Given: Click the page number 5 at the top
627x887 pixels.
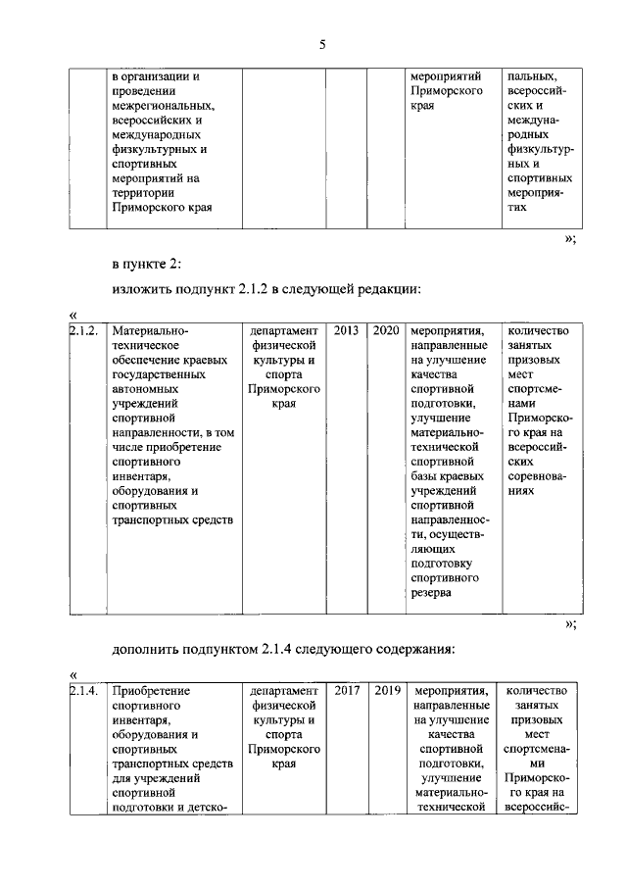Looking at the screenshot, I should point(320,44).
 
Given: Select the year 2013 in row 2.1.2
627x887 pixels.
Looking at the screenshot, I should point(346,331).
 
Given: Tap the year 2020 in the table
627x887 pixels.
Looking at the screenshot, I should point(385,331).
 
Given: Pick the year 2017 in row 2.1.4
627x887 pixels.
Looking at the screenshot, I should point(346,690).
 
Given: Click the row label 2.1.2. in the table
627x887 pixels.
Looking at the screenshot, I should point(84,331).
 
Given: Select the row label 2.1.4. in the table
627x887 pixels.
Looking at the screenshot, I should point(84,690).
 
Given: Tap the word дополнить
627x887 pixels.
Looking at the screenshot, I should point(149,648).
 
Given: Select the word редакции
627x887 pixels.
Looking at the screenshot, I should point(394,289).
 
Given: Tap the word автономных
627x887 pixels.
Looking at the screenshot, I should point(149,388).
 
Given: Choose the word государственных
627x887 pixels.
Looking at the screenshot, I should point(160,373).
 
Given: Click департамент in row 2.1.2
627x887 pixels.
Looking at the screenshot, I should point(283,331).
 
